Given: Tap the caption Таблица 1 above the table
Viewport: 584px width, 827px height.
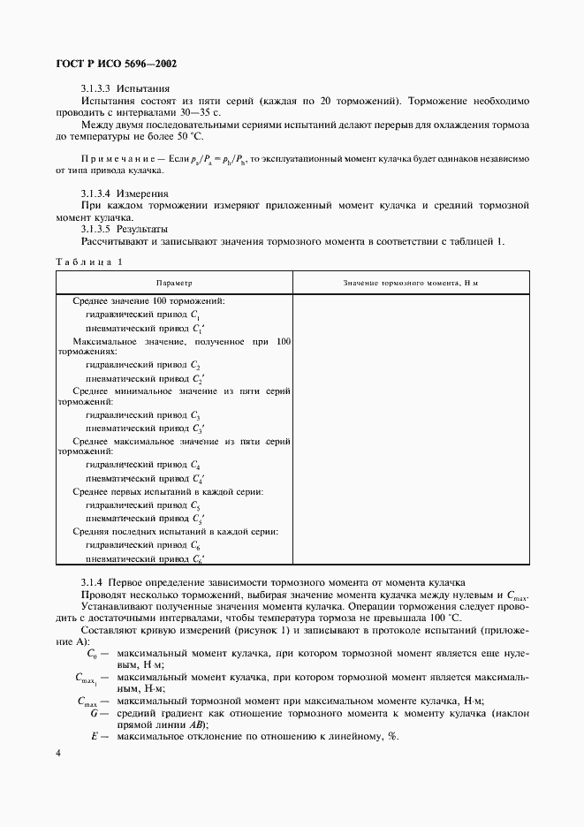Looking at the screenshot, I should pyautogui.click(x=88, y=262).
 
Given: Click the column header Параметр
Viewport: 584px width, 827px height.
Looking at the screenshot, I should pyautogui.click(x=174, y=282).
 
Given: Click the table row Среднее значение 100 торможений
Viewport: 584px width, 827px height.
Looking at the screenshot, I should pyautogui.click(x=148, y=301).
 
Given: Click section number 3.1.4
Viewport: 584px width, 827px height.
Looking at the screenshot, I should pyautogui.click(x=92, y=584).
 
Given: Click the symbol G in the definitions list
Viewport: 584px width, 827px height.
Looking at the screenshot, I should pyautogui.click(x=94, y=712).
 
